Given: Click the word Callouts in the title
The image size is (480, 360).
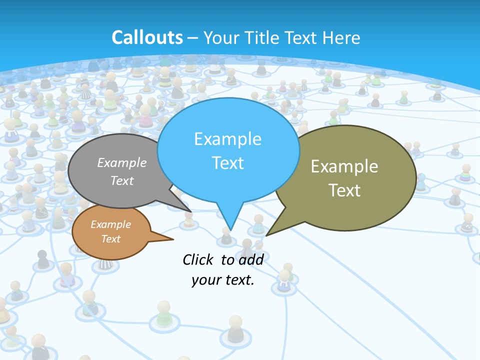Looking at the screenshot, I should pos(147,37).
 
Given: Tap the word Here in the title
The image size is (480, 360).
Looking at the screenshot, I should pos(340,37).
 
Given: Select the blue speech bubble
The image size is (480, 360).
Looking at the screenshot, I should pos(227,150).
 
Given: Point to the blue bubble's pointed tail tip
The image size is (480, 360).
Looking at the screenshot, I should pos(229,230).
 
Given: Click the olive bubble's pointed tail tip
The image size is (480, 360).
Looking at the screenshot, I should pos(267,235).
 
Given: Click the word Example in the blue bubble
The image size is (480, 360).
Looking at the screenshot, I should pos(227,138).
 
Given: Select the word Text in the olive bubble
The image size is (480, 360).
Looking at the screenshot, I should pos(344,190).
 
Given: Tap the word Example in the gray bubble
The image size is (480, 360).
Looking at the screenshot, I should pos(122,162).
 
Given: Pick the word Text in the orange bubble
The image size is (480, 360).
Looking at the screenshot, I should pos(110,239).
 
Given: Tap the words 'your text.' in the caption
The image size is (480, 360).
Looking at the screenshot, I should pos(223,280).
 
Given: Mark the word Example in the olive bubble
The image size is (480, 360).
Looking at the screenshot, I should pos(344,166).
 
